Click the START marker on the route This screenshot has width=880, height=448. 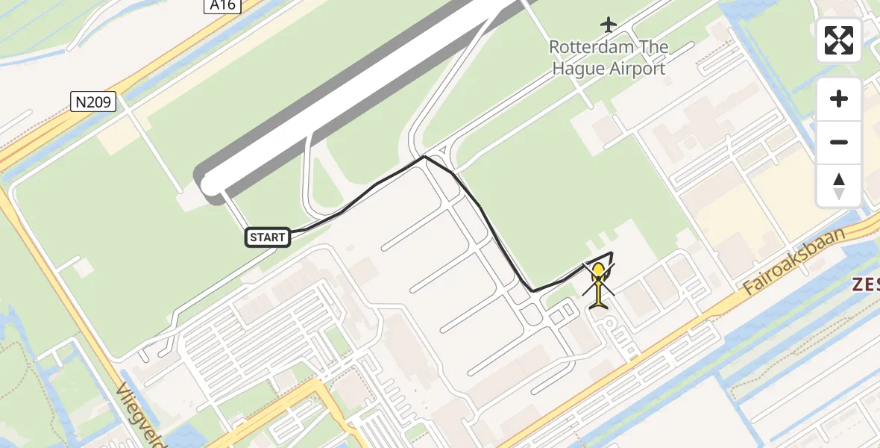tap(267, 237)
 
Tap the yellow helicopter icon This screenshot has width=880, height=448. tap(599, 287)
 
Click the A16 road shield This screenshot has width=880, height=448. tap(221, 6)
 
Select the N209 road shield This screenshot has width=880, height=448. tap(94, 102)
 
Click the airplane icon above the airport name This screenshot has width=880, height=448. tap(609, 25)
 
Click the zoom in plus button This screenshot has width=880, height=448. tap(839, 99)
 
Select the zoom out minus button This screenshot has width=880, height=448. tap(839, 142)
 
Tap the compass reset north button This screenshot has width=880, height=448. tap(839, 185)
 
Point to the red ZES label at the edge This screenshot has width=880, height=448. tap(867, 284)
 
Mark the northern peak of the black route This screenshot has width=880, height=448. tap(424, 157)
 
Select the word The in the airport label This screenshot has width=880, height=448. tap(655, 47)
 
